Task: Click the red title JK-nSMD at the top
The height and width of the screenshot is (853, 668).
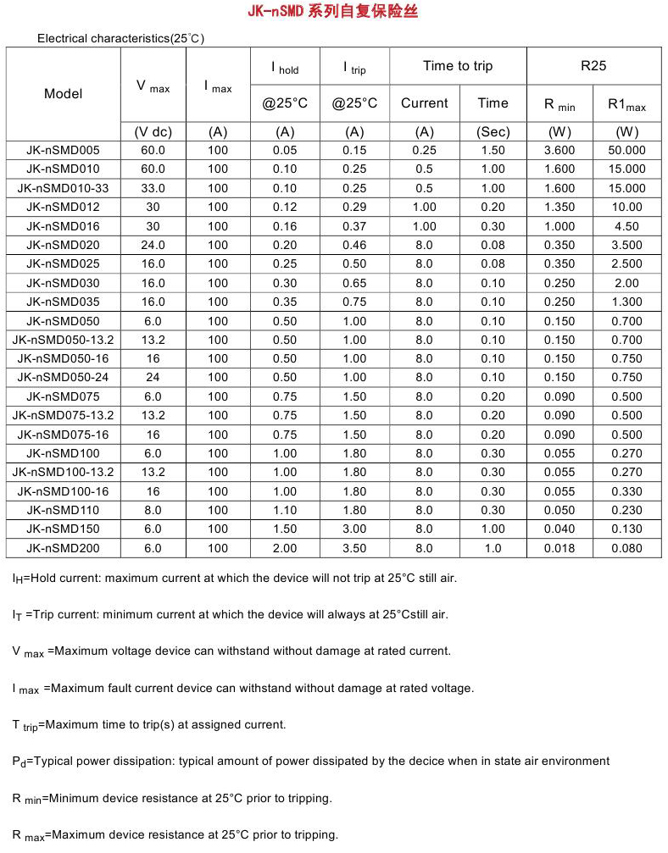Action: pos(284,12)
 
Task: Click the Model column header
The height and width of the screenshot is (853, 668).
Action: pos(64,93)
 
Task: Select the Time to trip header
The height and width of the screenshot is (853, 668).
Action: pos(458,66)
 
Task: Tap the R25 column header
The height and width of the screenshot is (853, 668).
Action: pos(593,66)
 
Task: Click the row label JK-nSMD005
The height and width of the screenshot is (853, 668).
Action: pos(64,150)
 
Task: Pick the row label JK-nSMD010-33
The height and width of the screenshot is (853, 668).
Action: pos(64,188)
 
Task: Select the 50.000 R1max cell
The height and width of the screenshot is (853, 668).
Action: pos(626,150)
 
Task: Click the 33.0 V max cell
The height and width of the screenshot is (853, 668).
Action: pos(153,188)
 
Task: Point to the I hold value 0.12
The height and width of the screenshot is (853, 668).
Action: pos(285,207)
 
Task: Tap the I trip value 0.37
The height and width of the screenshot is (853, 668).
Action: pos(354,226)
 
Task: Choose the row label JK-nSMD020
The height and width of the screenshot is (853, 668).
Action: pos(64,245)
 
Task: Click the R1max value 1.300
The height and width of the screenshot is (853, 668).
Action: pos(626,302)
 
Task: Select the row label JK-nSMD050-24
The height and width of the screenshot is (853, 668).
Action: pos(64,377)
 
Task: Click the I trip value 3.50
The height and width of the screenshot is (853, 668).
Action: pos(354,548)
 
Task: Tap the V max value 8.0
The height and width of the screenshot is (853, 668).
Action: pos(153,510)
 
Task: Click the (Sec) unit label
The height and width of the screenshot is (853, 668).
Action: pos(493,131)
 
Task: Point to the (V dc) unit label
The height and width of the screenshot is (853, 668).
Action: pos(153,131)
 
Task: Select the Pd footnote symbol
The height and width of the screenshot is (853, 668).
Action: pos(19,762)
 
